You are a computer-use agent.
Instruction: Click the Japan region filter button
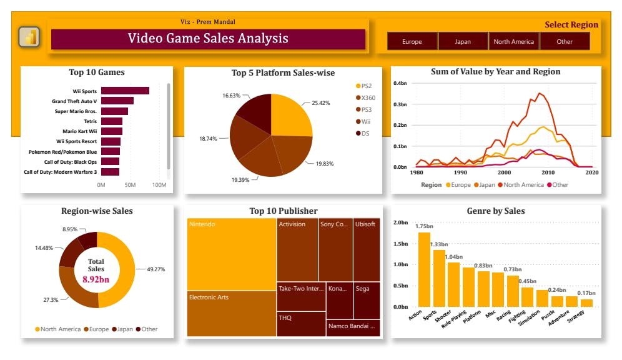point(463,42)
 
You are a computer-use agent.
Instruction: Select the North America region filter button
point(513,42)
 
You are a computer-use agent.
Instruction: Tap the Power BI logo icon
point(29,37)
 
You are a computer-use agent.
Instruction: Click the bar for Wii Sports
point(125,91)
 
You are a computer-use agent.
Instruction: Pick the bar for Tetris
point(112,121)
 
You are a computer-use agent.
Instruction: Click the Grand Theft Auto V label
point(74,101)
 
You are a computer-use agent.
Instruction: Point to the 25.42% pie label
point(320,102)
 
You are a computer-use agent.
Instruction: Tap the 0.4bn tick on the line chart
point(400,82)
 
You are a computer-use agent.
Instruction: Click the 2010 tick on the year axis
point(548,172)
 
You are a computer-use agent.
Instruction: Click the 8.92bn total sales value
point(96,280)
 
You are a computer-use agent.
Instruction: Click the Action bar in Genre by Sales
point(424,269)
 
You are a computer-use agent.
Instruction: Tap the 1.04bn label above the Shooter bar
point(453,257)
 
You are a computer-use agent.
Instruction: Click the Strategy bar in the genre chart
point(586,303)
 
